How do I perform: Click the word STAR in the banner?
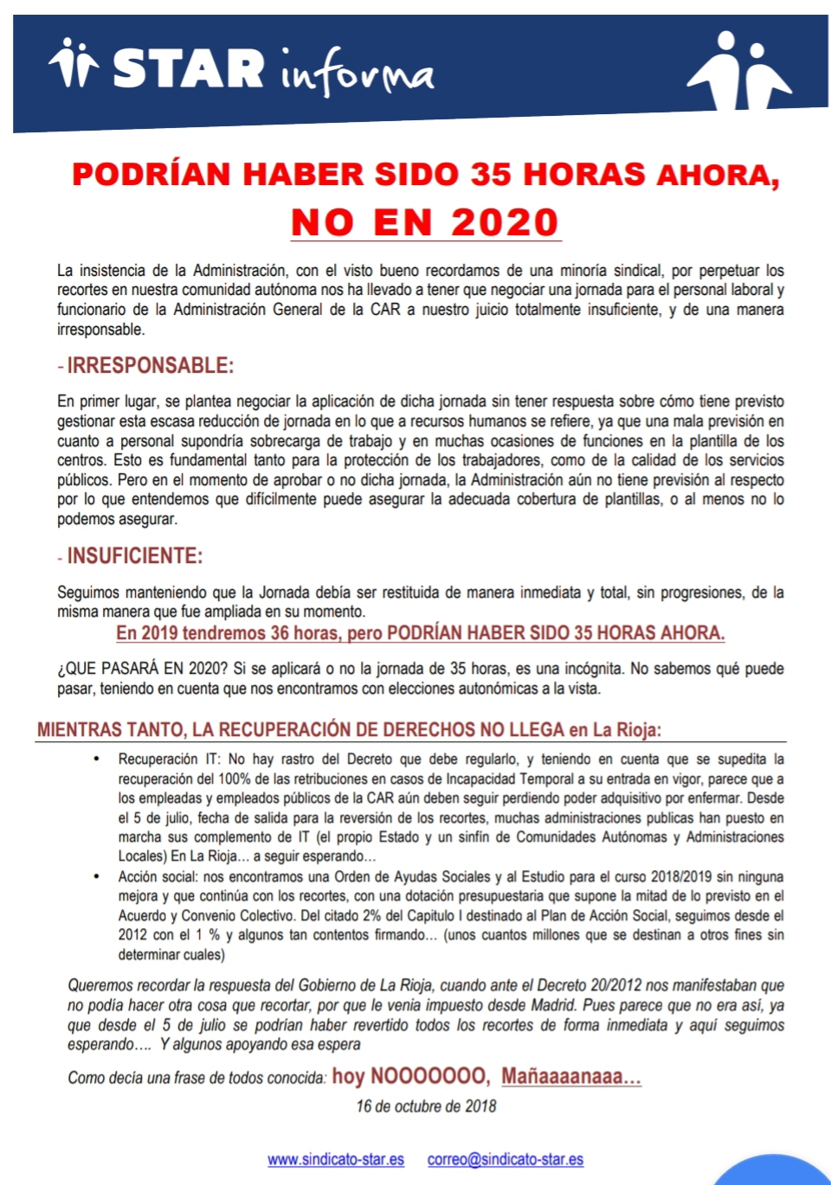point(189,68)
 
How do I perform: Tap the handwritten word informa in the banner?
point(356,74)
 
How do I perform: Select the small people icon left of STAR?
point(74,63)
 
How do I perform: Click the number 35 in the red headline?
point(491,174)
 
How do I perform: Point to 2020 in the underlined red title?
point(505,222)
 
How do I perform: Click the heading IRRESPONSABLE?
point(150,366)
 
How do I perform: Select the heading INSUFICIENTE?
point(134,556)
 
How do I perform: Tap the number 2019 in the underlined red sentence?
point(159,633)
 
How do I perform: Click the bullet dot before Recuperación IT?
point(97,759)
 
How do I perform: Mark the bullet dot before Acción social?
point(97,876)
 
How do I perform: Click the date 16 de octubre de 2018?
point(426,1106)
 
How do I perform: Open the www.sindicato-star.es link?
point(336,1159)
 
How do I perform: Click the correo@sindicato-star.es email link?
point(506,1159)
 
